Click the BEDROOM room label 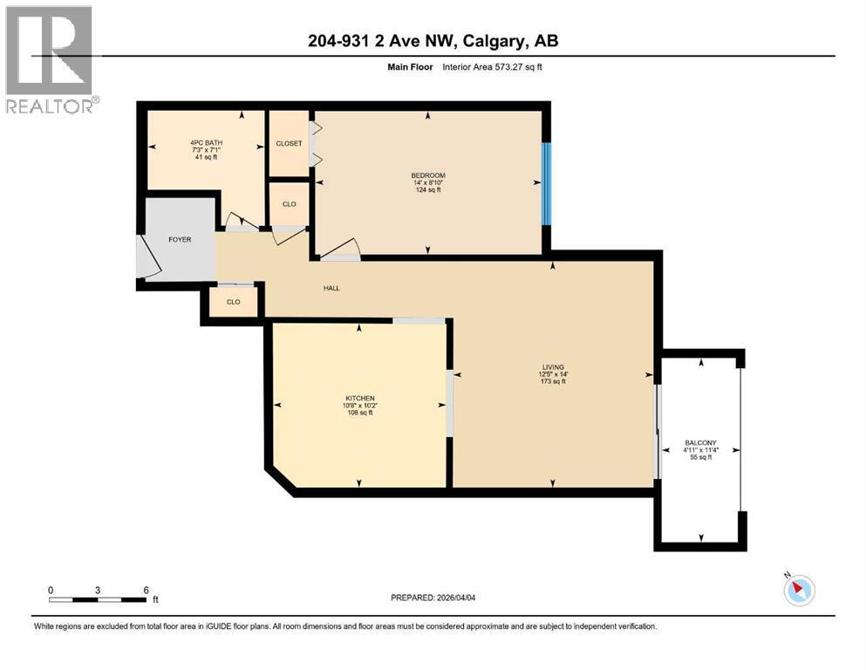click(428, 175)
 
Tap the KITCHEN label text click(358, 398)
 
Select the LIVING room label click(552, 367)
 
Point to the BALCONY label click(699, 443)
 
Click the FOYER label click(180, 239)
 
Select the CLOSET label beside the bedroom click(289, 143)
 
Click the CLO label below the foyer click(233, 302)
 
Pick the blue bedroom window click(546, 183)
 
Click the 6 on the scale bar click(145, 589)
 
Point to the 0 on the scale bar click(51, 589)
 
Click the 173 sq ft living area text click(552, 382)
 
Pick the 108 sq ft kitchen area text click(358, 413)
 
